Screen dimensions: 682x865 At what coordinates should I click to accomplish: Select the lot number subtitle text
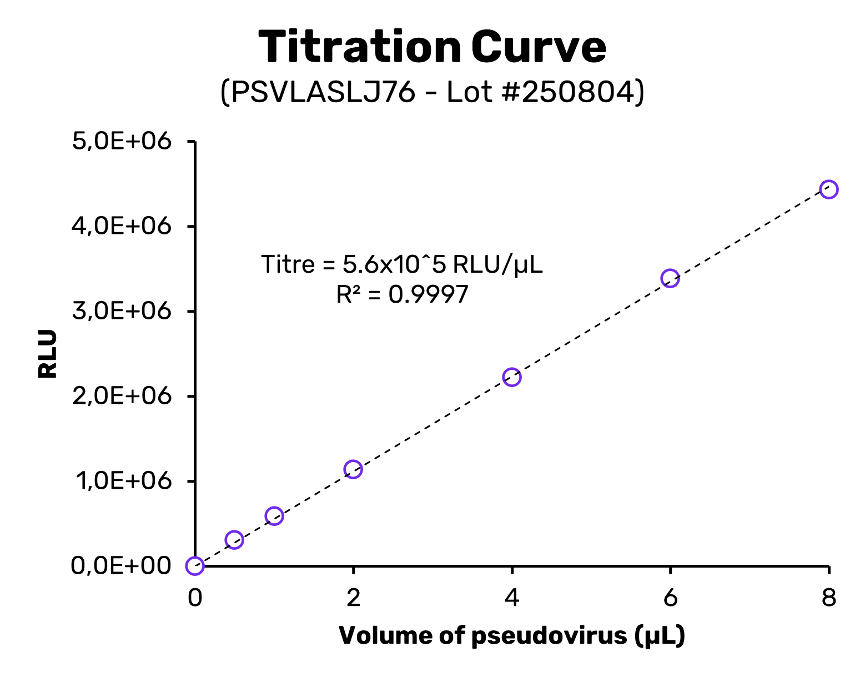[x=432, y=92]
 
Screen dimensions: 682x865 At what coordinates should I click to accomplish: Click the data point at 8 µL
[x=828, y=189]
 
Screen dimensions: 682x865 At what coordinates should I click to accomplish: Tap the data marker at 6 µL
[x=670, y=278]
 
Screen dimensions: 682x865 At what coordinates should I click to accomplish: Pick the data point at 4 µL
[x=511, y=377]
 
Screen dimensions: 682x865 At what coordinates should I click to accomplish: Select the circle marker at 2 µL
[x=353, y=469]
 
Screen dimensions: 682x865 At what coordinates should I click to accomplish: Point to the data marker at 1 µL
[x=274, y=516]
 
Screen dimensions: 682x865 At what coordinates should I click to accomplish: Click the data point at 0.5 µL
[x=234, y=540]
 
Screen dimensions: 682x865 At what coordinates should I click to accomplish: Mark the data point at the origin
[x=195, y=566]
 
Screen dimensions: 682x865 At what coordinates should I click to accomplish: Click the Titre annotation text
[x=402, y=264]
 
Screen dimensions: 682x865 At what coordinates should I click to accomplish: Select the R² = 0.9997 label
[x=402, y=294]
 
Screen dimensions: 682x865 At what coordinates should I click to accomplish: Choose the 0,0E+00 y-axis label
[x=121, y=566]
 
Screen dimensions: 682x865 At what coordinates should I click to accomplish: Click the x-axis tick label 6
[x=670, y=598]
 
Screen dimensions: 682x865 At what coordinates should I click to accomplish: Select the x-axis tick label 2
[x=353, y=598]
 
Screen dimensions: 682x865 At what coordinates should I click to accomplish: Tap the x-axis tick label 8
[x=828, y=598]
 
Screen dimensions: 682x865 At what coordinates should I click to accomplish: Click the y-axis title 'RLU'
[x=48, y=354]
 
